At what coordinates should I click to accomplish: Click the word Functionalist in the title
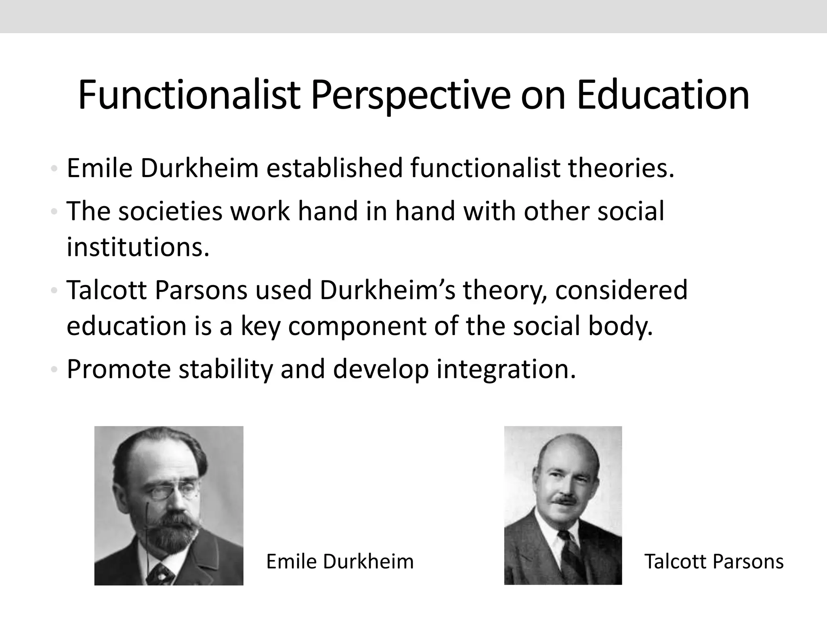189,95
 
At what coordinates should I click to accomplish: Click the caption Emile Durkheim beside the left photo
340,562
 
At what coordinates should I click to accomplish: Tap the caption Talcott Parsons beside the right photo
714,562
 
